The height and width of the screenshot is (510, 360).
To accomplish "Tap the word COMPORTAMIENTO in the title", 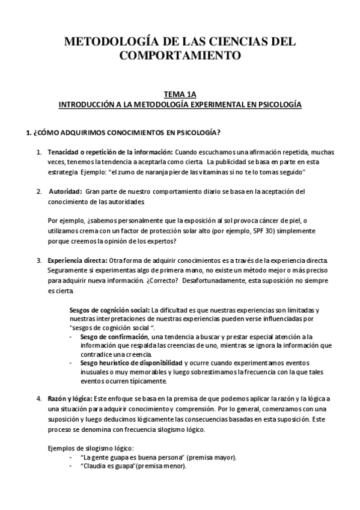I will (x=180, y=57).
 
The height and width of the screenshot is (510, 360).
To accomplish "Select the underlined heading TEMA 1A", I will (x=180, y=94).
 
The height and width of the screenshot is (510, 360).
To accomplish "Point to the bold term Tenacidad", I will (x=65, y=153).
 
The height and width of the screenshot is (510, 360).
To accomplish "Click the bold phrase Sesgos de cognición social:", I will (x=109, y=310).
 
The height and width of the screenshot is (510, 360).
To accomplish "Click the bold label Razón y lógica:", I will (x=70, y=399).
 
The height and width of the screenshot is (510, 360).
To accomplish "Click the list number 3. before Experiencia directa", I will (x=39, y=260).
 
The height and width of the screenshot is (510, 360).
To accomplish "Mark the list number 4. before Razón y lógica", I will (x=39, y=399).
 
